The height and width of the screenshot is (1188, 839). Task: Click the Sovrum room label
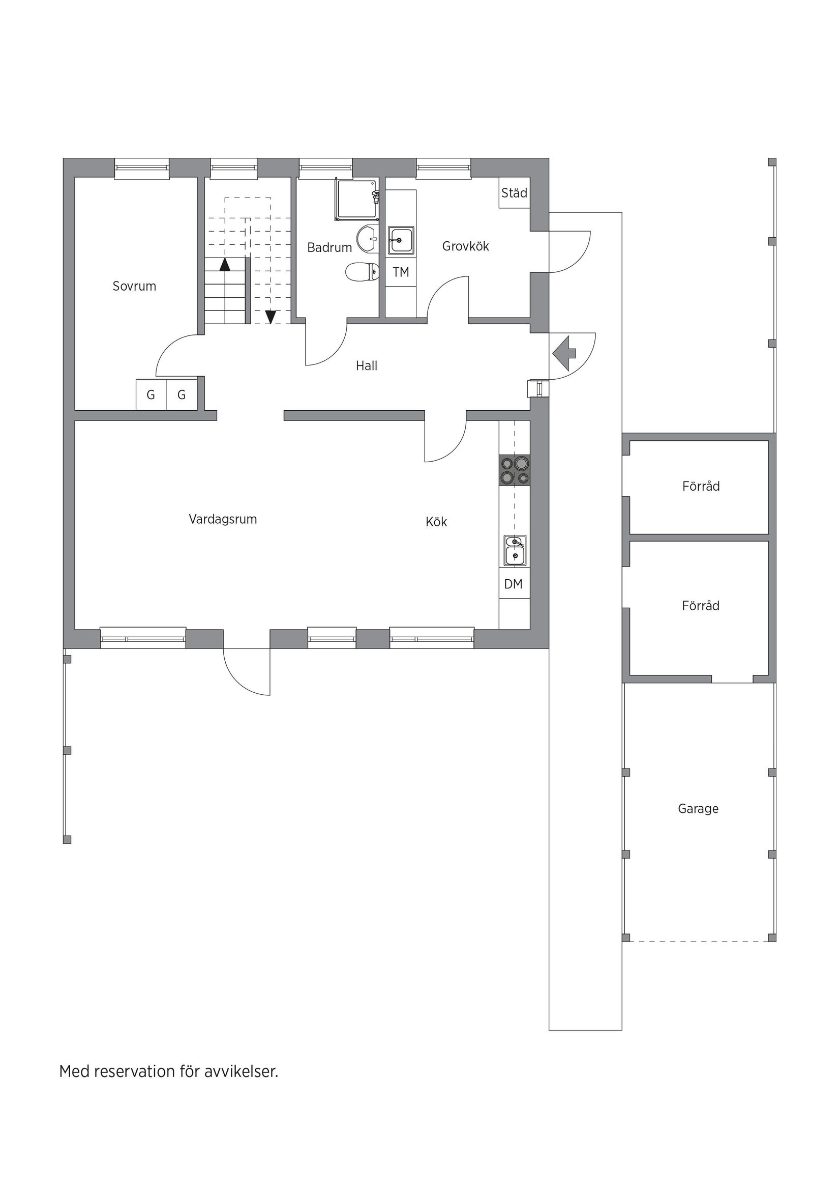(x=134, y=286)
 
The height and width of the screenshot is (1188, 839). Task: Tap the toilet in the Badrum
(x=363, y=272)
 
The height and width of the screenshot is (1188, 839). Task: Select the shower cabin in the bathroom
(x=357, y=200)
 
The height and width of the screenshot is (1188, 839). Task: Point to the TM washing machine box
(x=401, y=272)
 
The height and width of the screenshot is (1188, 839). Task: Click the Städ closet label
(x=514, y=193)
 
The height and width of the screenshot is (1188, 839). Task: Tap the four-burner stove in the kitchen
(x=515, y=470)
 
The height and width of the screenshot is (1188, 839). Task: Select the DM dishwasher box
(x=514, y=584)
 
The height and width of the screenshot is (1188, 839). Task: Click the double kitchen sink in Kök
(x=515, y=550)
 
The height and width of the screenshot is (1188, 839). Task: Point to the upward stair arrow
(x=224, y=264)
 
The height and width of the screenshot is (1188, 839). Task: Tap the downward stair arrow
(x=271, y=316)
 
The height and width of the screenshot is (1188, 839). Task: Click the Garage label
(x=698, y=808)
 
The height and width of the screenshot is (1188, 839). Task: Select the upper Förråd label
(x=701, y=487)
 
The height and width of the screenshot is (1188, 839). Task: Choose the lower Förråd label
(x=701, y=606)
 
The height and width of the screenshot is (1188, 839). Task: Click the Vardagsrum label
(x=223, y=519)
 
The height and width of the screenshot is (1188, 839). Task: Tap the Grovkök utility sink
(x=401, y=241)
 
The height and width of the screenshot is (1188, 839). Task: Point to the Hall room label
(x=367, y=366)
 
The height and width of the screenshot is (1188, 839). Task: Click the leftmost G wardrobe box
(x=151, y=395)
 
